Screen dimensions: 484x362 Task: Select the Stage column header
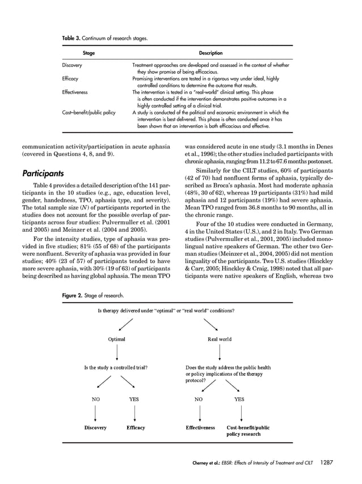pyautogui.click(x=89, y=53)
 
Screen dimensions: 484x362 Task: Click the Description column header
pyautogui.click(x=211, y=53)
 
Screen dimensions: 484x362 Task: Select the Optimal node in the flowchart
pyautogui.click(x=117, y=339)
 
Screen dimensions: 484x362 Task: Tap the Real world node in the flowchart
pyautogui.click(x=220, y=339)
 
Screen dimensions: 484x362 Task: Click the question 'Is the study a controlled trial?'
pyautogui.click(x=116, y=367)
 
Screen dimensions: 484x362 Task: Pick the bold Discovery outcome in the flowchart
pyautogui.click(x=95, y=427)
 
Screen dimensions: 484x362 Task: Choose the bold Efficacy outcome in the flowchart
pyautogui.click(x=135, y=427)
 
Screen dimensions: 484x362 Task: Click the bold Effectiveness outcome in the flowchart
pyautogui.click(x=200, y=427)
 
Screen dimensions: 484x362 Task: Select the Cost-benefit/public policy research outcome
pyautogui.click(x=248, y=430)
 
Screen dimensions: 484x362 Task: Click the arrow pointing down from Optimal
pyautogui.click(x=117, y=353)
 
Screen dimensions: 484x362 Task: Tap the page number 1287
pyautogui.click(x=326, y=462)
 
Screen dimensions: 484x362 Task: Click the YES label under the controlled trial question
pyautogui.click(x=134, y=398)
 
